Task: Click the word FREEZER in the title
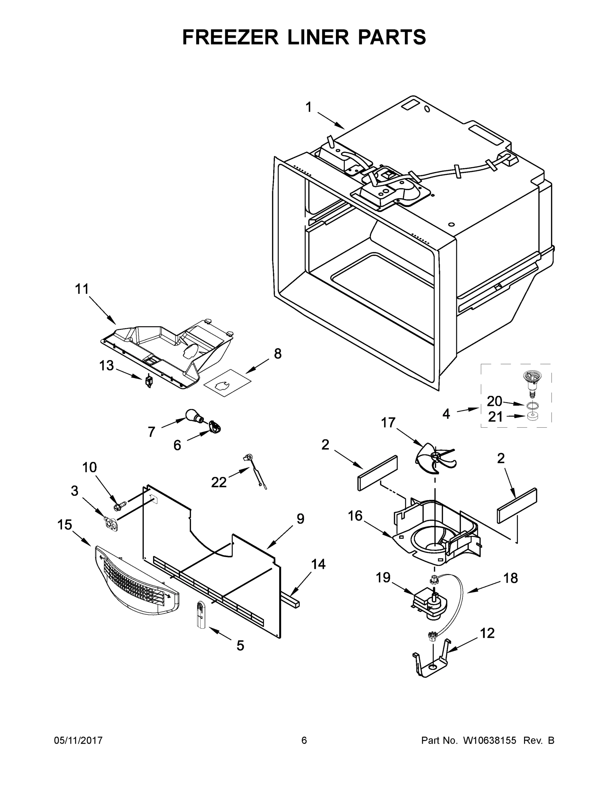click(230, 37)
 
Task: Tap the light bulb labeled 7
click(193, 416)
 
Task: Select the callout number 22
click(219, 482)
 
